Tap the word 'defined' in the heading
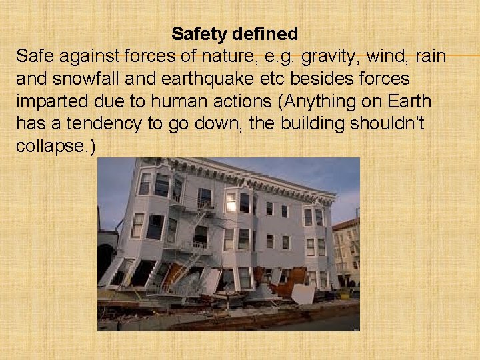(x=266, y=33)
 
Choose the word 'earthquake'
(x=191, y=79)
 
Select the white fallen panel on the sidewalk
(x=303, y=293)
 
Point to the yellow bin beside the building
(x=344, y=294)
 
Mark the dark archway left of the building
(x=105, y=260)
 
